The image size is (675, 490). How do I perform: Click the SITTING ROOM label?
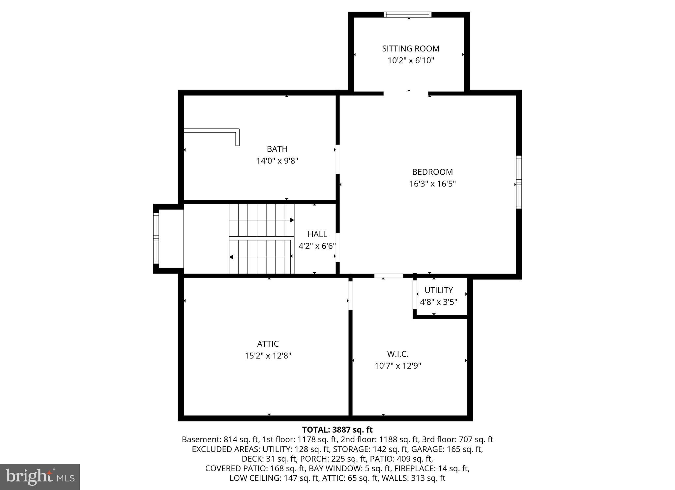coord(410,48)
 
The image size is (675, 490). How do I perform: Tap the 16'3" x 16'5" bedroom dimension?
coord(432,184)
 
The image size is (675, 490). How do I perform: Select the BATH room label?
coord(277,149)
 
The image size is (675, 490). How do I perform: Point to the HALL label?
coord(317,234)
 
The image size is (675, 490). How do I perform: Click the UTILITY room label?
coord(438,290)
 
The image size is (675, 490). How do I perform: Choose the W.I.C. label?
coord(397,354)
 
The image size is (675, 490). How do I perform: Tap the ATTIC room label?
coord(268,344)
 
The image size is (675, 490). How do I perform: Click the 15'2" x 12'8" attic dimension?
coord(268,356)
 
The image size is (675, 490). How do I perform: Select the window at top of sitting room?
coord(408,14)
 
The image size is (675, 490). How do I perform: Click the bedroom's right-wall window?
coord(518,182)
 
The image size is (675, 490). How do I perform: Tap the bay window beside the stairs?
coord(156,238)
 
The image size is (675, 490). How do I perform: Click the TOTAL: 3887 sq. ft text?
coord(337,430)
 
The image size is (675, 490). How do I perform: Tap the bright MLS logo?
coord(40,477)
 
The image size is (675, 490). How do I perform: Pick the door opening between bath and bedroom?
coord(337,159)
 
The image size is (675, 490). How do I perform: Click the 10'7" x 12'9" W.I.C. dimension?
coord(397,366)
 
